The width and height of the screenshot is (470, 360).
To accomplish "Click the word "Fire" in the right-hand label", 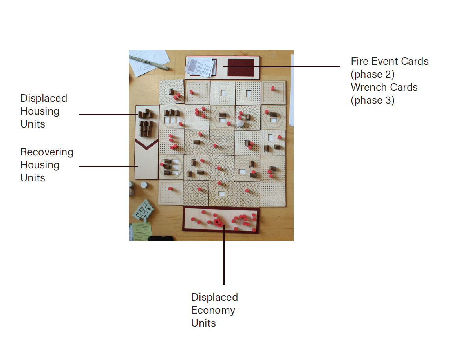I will click(x=358, y=61).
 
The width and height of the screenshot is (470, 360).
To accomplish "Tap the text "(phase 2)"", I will click(x=373, y=74).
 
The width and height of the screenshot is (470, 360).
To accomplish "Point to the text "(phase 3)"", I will click(x=373, y=100).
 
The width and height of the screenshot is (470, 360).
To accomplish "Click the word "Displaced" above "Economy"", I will click(x=214, y=297).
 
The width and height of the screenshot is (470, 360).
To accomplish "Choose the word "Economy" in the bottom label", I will click(x=213, y=310).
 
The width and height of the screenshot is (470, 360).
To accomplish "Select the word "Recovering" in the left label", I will click(x=47, y=152).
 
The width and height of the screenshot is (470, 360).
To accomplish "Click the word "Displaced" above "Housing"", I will click(x=44, y=98).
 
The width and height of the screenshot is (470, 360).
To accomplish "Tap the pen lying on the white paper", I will click(x=149, y=62).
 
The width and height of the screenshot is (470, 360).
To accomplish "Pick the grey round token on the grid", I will click(x=241, y=123).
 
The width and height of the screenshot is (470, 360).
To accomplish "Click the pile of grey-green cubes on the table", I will click(x=143, y=210).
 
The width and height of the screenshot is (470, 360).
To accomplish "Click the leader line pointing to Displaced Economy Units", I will click(x=224, y=255).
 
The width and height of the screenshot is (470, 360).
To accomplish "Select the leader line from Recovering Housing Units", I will click(x=106, y=166).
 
